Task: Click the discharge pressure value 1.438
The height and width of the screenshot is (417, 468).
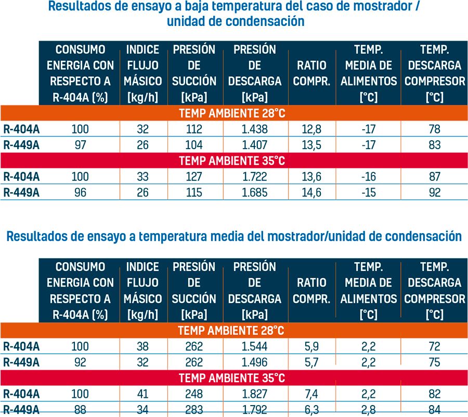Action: (x=255, y=129)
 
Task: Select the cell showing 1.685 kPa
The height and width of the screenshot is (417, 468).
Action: (x=255, y=193)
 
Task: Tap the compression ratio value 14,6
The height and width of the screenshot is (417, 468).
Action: (x=311, y=193)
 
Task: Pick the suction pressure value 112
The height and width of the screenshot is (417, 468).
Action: (x=194, y=129)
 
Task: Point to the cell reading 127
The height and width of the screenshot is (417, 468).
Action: (x=194, y=177)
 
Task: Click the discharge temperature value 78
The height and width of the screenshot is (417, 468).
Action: (x=435, y=129)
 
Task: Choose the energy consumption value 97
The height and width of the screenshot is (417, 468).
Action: (x=80, y=145)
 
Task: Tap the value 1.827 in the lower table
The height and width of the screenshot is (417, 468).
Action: (x=255, y=394)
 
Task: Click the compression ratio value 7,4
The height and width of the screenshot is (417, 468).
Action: (x=311, y=394)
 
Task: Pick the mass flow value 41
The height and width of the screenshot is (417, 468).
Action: (x=142, y=394)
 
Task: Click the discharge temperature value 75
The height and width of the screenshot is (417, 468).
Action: (x=435, y=362)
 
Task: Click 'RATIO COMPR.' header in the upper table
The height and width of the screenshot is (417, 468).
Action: (x=311, y=73)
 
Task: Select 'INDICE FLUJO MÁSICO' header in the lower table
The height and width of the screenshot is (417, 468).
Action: (x=142, y=290)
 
